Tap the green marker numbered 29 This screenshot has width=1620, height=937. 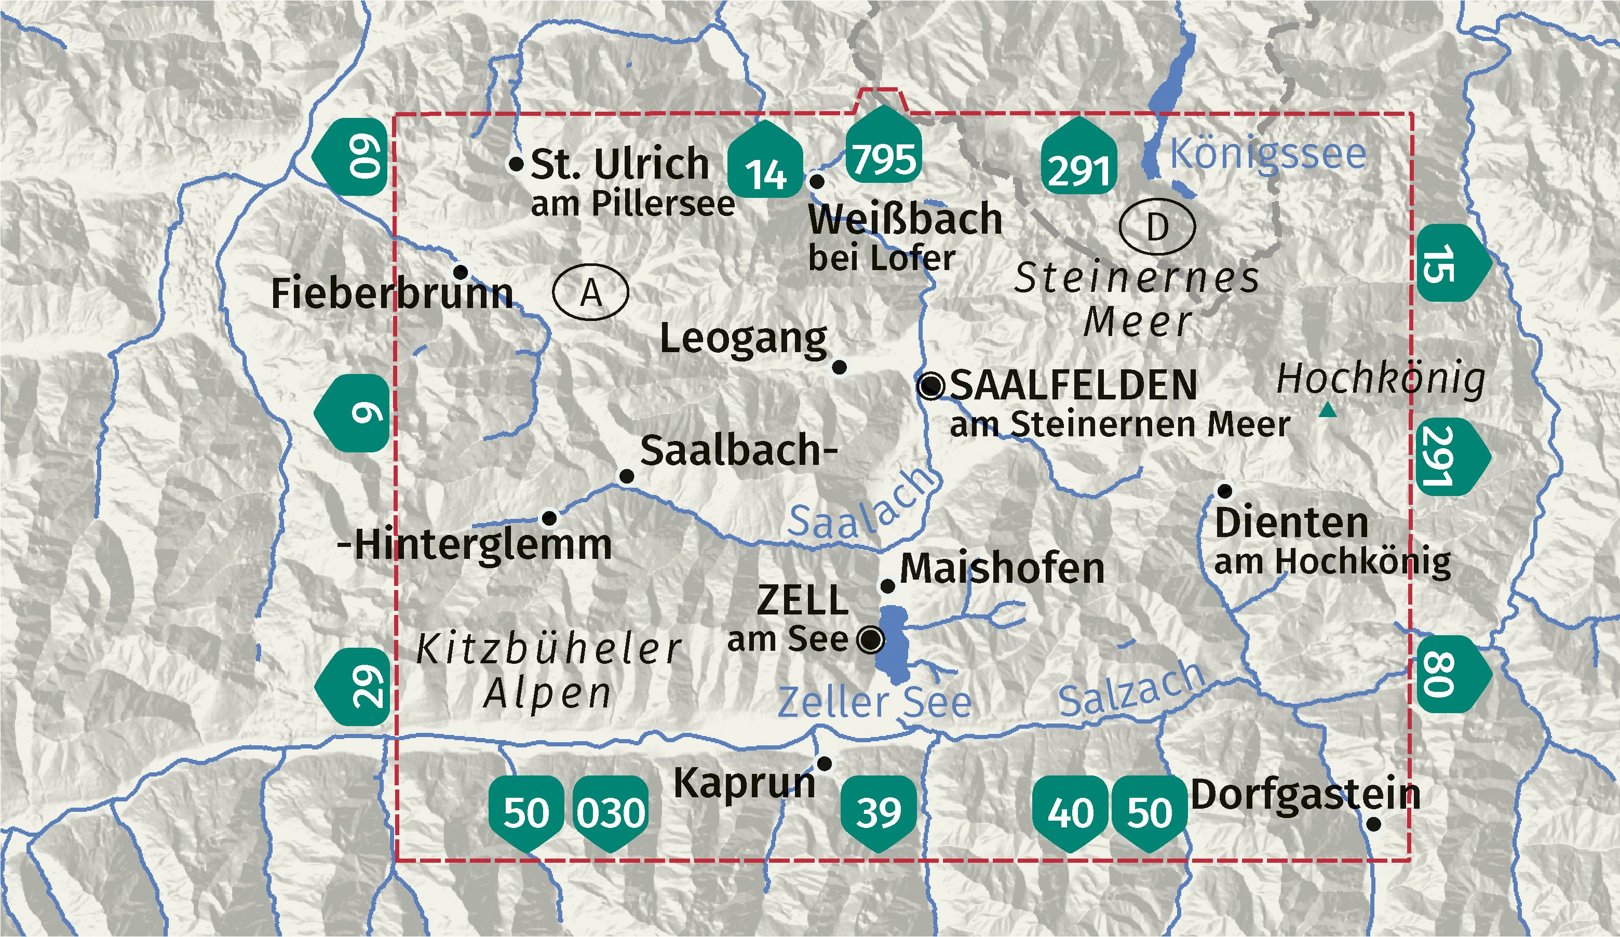[356, 687]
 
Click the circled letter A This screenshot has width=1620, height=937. [590, 292]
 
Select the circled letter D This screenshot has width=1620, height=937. [1156, 226]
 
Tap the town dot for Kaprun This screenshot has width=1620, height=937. [824, 764]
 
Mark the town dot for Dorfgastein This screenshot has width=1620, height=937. [1373, 824]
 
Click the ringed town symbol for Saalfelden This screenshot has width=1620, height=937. [931, 386]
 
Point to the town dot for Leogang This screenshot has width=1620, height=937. [840, 367]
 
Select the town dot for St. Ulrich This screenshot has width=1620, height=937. [516, 164]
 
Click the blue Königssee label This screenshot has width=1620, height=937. [1267, 154]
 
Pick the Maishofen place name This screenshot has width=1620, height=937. [1002, 569]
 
